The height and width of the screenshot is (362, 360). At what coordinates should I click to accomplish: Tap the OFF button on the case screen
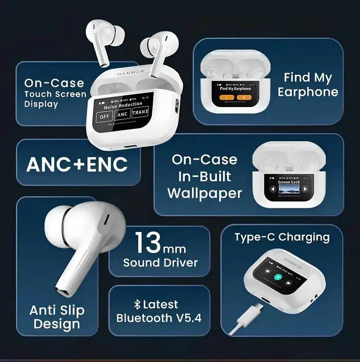point(105,116)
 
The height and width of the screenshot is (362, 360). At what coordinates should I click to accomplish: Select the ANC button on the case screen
point(122,115)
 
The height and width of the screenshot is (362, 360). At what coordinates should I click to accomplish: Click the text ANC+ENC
point(77,164)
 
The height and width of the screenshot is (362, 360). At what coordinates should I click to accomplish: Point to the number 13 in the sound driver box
point(148,243)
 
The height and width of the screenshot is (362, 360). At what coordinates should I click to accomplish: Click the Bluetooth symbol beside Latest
point(136,304)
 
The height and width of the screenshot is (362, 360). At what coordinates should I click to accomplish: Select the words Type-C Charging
point(282,237)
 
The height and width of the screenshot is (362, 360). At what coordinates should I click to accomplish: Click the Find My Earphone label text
point(308,85)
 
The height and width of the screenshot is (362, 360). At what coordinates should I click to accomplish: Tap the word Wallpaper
point(204,193)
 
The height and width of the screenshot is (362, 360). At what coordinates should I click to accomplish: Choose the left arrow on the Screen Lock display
point(273,189)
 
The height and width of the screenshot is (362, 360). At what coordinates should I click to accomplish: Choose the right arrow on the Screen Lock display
point(305,189)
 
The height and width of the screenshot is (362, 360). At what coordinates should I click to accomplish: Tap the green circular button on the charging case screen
point(277,277)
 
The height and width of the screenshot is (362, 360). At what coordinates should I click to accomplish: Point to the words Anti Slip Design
point(57,317)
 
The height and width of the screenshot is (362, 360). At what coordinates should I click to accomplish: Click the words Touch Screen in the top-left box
point(55,94)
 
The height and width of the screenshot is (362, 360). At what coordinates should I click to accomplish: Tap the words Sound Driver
point(160,263)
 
